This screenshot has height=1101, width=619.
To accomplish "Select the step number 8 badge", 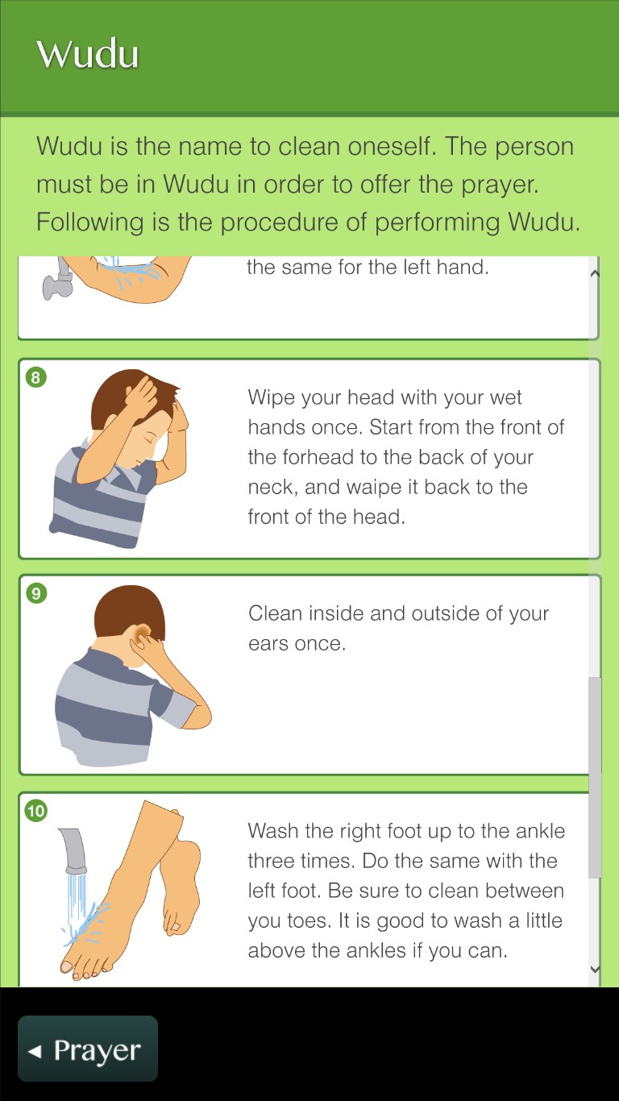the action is click(35, 378).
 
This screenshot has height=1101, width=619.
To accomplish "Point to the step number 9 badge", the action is click(36, 594).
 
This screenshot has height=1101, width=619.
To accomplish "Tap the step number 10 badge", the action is click(36, 811).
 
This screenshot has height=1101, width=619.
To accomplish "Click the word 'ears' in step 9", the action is click(268, 644).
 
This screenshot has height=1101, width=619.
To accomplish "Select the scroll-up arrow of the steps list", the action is click(594, 273).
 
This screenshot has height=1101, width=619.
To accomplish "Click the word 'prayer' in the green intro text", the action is click(499, 185).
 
